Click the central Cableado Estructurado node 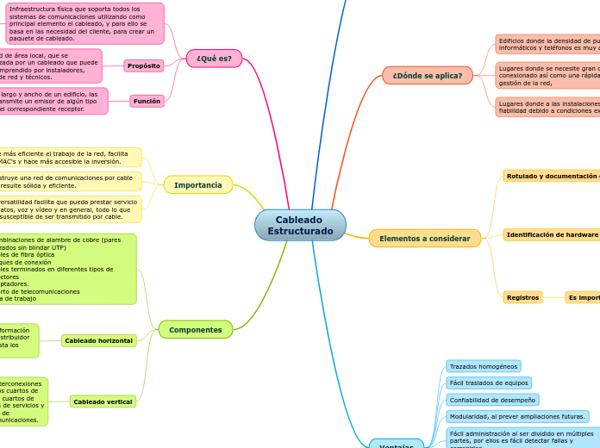point(300,226)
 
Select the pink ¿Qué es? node point(214,59)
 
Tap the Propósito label point(143,65)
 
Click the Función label point(147,101)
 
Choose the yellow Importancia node point(197,185)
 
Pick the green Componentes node point(195,330)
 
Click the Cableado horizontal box point(98,340)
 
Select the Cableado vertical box point(103,401)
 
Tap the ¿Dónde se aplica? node point(427,76)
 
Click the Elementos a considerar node point(424,239)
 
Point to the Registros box point(522,297)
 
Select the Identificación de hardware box point(552,234)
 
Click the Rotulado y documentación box point(552,176)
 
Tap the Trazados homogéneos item point(483,366)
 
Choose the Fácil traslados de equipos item point(488,383)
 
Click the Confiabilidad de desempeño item point(492,400)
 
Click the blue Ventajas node point(396,445)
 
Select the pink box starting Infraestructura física point(84,23)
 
